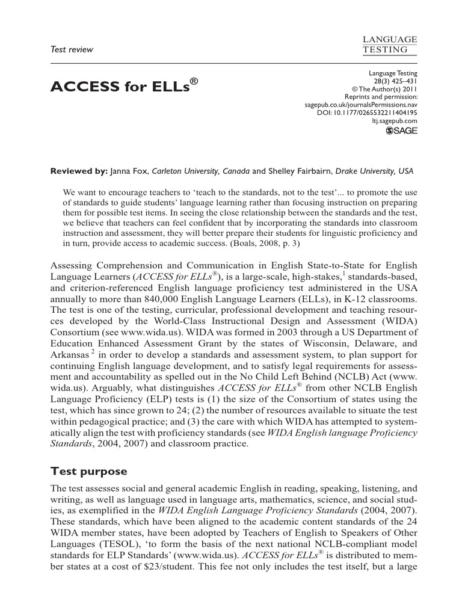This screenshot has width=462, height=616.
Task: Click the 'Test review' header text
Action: [72, 49]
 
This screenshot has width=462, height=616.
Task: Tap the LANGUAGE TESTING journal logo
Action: [390, 44]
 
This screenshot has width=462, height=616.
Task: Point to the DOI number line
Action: [367, 112]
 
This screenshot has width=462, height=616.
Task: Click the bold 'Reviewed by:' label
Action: [78, 171]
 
